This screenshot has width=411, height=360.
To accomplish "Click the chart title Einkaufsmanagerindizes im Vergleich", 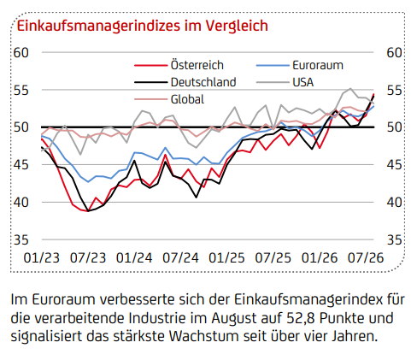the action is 143,26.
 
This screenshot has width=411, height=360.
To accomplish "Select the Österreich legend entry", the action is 179,65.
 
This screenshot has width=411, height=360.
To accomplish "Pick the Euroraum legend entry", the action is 300,65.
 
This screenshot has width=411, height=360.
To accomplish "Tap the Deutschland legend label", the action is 203,82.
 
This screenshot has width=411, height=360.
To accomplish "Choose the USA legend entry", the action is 285,82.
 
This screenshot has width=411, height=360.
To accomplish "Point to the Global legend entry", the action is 169,99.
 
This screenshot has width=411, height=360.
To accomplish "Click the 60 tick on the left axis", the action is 21,53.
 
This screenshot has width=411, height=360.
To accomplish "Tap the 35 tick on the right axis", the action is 394,240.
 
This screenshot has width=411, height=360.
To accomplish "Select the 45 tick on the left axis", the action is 21,165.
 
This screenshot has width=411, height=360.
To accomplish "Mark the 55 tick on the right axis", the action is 394,90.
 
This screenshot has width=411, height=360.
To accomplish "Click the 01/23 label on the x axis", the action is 42,258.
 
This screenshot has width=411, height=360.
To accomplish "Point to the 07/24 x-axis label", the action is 180,258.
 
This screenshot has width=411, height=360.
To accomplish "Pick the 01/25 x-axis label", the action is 226,258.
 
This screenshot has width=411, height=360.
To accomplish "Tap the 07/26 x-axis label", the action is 366,258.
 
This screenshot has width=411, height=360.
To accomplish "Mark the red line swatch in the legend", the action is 150,66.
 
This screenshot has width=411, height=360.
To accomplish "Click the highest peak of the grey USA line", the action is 350,88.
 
